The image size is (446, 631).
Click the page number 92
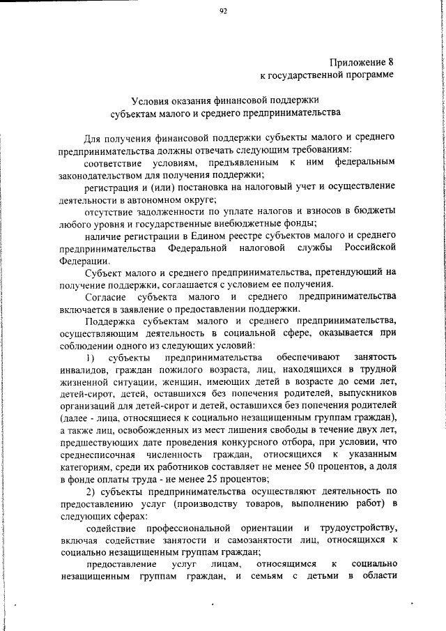point(223,10)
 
